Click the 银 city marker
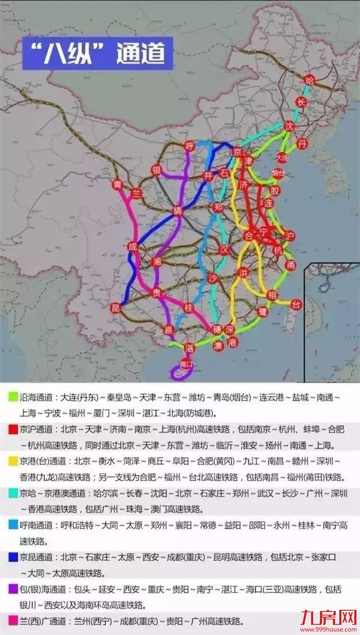pyautogui.click(x=156, y=170)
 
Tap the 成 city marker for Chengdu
pyautogui.click(x=133, y=247)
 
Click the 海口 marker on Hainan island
pyautogui.click(x=185, y=364)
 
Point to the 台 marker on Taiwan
pyautogui.click(x=296, y=304)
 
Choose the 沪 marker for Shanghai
pyautogui.click(x=290, y=236)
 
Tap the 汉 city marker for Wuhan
pyautogui.click(x=225, y=250)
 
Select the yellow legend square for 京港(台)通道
pyautogui.click(x=12, y=462)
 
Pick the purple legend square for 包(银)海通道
pyautogui.click(x=12, y=589)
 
